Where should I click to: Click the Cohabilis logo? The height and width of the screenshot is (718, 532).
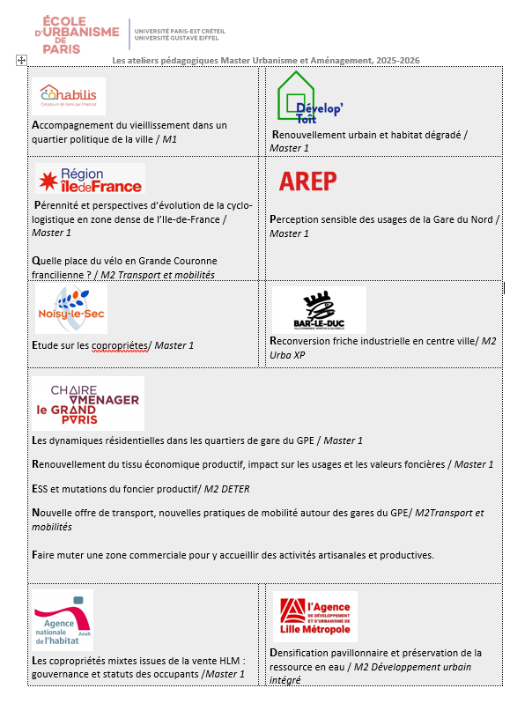[x=71, y=96]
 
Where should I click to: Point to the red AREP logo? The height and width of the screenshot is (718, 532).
[x=307, y=181]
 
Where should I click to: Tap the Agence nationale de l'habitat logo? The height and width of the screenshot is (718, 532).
[x=62, y=622]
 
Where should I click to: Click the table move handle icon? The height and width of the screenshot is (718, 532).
[x=22, y=60]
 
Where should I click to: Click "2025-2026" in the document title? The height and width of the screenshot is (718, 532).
[x=397, y=60]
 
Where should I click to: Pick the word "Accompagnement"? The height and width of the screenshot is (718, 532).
[x=70, y=125]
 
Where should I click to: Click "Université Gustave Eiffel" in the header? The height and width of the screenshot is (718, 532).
[x=180, y=39]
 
